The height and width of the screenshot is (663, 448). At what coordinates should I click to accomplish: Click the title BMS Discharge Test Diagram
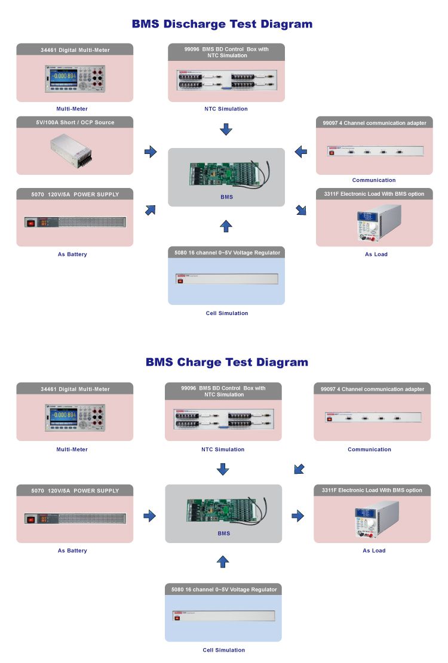222,24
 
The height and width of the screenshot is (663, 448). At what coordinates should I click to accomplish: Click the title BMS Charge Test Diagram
227,362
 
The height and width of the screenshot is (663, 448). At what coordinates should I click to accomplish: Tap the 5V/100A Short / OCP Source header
75,122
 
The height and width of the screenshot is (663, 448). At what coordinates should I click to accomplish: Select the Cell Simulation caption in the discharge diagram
226,313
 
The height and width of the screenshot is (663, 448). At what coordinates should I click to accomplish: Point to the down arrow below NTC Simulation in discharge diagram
225,129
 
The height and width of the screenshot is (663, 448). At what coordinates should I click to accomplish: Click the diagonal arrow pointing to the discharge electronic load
301,209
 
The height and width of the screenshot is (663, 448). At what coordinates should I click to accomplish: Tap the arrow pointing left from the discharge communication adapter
301,152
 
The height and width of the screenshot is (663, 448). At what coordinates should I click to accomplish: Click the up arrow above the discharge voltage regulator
225,226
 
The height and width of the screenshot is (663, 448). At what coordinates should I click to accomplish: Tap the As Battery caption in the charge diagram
72,551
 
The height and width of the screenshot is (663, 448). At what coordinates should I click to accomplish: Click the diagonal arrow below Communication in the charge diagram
299,468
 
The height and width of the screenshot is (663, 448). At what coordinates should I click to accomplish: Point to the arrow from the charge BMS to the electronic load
297,516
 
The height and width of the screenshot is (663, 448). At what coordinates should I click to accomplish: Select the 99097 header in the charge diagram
372,389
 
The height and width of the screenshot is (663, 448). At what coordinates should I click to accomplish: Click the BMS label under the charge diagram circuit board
223,534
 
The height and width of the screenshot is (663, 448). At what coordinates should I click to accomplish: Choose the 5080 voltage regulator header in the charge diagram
223,590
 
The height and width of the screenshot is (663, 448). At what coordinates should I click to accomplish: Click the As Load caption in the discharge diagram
376,254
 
